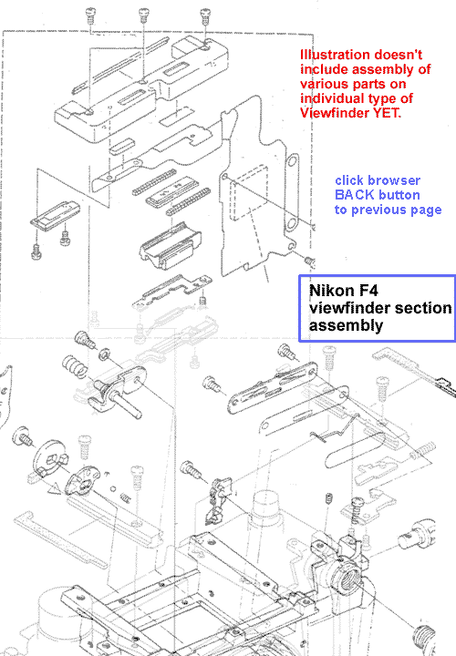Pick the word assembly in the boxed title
(346, 325)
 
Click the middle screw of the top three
(144, 15)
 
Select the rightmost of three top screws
(205, 15)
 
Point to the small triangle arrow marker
(55, 487)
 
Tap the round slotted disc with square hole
(49, 457)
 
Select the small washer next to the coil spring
(104, 354)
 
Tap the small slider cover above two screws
(56, 214)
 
